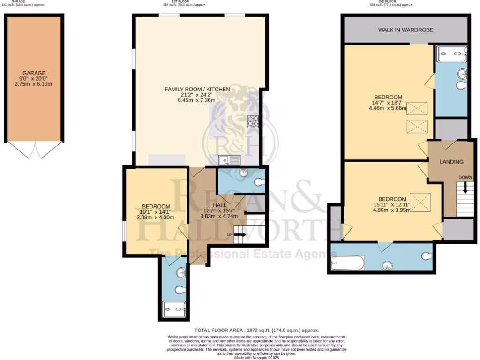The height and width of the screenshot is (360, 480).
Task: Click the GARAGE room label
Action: pos(35,73)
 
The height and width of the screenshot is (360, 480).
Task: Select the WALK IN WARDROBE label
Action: pos(405,30)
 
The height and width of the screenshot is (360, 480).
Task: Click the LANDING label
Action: pos(451,162)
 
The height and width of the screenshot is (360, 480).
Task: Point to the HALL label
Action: pos(219,205)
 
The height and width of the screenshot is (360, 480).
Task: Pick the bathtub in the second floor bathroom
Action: pos(347,263)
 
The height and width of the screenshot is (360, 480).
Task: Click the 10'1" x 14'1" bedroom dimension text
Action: pos(156,212)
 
